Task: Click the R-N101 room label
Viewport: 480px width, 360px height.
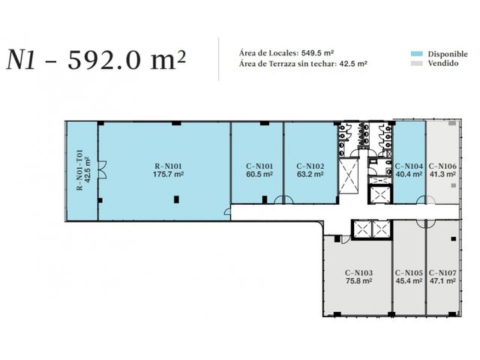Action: tap(168, 166)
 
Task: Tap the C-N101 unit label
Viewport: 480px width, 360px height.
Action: tap(259, 166)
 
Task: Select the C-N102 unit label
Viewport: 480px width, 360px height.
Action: tap(310, 166)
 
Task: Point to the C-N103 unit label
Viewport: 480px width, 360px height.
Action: tap(358, 273)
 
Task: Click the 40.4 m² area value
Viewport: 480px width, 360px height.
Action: tap(409, 174)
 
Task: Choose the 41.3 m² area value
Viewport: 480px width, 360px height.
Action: tap(442, 174)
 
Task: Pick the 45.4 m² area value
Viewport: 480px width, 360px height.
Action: tap(409, 280)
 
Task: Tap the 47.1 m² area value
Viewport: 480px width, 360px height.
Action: tap(442, 280)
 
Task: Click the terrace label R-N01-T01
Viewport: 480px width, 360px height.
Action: tap(80, 169)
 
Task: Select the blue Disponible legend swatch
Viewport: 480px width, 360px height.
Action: tap(417, 54)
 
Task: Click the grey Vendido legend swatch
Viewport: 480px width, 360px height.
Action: tap(417, 63)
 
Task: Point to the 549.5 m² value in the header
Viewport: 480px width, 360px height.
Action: tap(317, 52)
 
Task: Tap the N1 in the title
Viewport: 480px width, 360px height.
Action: tap(21, 60)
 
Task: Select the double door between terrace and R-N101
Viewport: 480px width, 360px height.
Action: tap(102, 169)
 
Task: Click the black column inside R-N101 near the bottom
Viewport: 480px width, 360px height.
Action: tap(176, 199)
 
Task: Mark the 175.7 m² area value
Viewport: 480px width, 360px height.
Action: tap(168, 174)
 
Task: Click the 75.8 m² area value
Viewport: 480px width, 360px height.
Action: tap(358, 280)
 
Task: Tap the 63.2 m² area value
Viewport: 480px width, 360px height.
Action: tap(310, 174)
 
